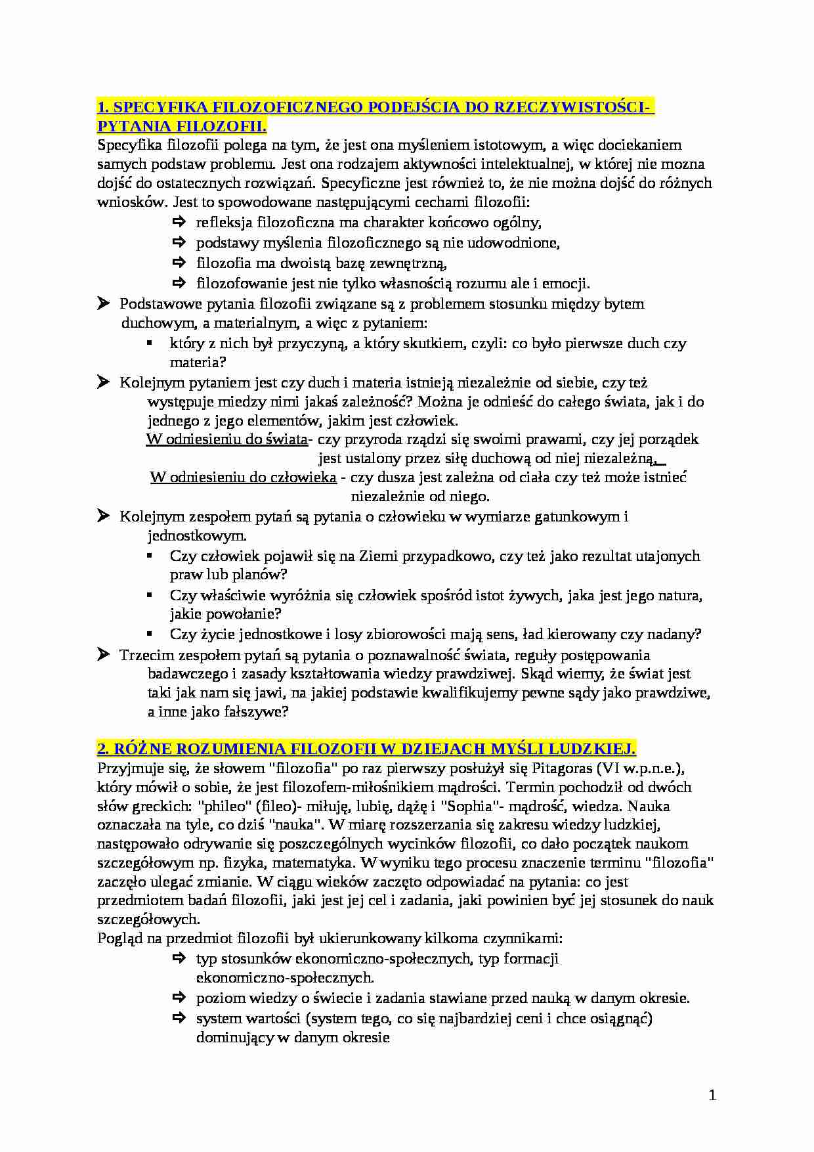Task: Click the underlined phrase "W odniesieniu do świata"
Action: point(226,439)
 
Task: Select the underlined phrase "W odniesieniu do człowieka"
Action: point(244,477)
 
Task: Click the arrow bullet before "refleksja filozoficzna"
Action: point(179,222)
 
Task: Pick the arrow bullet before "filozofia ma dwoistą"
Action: point(179,263)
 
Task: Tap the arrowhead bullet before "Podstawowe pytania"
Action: point(103,303)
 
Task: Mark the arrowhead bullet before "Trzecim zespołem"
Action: point(103,654)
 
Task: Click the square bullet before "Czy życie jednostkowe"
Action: point(150,634)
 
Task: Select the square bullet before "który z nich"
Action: point(150,343)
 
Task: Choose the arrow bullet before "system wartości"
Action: point(179,1018)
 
